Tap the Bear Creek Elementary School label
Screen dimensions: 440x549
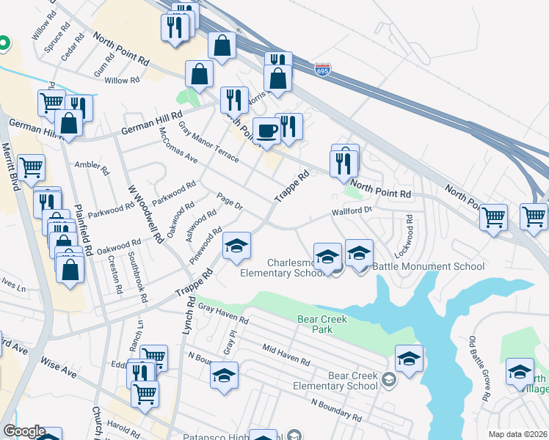(343, 381)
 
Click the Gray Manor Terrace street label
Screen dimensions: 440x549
(208, 144)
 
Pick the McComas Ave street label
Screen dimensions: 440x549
(179, 145)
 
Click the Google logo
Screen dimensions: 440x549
(24, 432)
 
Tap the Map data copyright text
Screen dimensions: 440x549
(517, 434)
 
